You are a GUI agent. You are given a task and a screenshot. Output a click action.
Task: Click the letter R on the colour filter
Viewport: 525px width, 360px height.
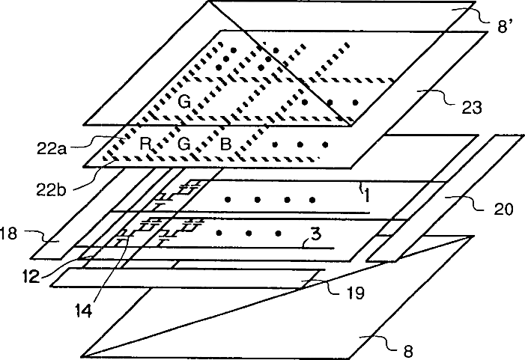pos(147,143)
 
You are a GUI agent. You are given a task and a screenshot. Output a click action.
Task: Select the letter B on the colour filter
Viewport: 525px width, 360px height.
pos(224,143)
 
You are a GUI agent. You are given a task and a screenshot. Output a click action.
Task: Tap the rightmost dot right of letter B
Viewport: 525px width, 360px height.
pos(325,143)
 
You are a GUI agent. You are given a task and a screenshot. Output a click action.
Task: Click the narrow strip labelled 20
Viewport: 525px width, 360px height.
pos(434,202)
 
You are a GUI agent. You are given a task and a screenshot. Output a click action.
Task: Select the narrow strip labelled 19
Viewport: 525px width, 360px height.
pos(187,278)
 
